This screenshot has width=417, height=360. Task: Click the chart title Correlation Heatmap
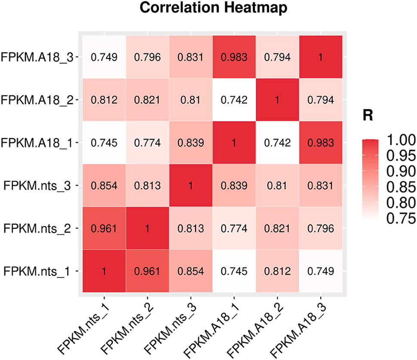pyautogui.click(x=210, y=9)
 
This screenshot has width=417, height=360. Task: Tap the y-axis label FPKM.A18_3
pyautogui.click(x=37, y=57)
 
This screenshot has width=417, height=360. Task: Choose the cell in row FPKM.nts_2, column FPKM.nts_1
pyautogui.click(x=104, y=228)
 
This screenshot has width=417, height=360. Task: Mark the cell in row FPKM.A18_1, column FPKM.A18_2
pyautogui.click(x=277, y=143)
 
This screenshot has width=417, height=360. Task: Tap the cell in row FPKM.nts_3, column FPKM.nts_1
pyautogui.click(x=104, y=186)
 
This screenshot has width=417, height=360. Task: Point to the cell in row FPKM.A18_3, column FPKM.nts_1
pyautogui.click(x=104, y=57)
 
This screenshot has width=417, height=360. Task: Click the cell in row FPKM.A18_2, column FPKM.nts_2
pyautogui.click(x=147, y=100)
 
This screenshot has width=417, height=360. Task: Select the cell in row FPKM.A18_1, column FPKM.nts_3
pyautogui.click(x=190, y=143)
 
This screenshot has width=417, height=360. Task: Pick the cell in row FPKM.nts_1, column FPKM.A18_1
pyautogui.click(x=234, y=271)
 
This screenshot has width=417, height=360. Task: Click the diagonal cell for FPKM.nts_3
pyautogui.click(x=190, y=186)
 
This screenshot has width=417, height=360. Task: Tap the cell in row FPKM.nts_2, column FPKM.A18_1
pyautogui.click(x=234, y=228)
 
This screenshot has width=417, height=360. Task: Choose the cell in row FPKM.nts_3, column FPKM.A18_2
pyautogui.click(x=277, y=186)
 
